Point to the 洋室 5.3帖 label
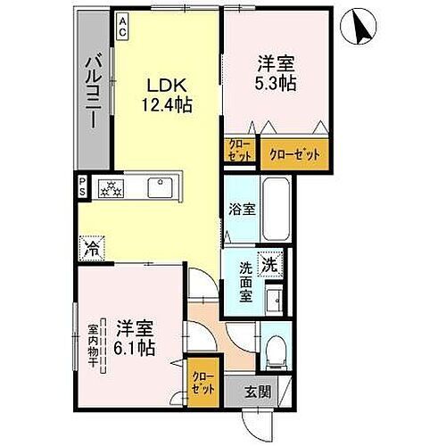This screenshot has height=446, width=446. pos(277,72)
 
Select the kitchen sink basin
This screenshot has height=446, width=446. pos(161,189)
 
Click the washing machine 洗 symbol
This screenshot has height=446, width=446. pos(269,263)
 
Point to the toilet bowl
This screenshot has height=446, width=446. pos(276,348)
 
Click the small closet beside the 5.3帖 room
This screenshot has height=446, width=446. pos(237,152)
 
